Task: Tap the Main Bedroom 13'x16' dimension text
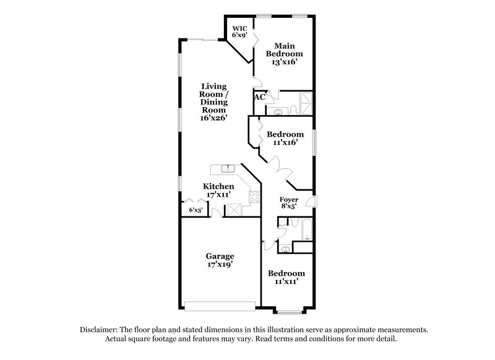(x=284, y=62)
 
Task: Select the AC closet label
(x=259, y=97)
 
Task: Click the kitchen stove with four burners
(x=253, y=198)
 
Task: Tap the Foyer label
(x=289, y=200)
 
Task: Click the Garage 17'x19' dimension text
(x=220, y=265)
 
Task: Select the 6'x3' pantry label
(x=195, y=211)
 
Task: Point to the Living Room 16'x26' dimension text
(x=213, y=118)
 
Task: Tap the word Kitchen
(x=219, y=186)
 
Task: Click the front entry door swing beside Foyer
(x=311, y=202)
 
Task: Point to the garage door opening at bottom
(x=220, y=304)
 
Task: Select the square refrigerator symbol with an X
(x=235, y=210)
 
